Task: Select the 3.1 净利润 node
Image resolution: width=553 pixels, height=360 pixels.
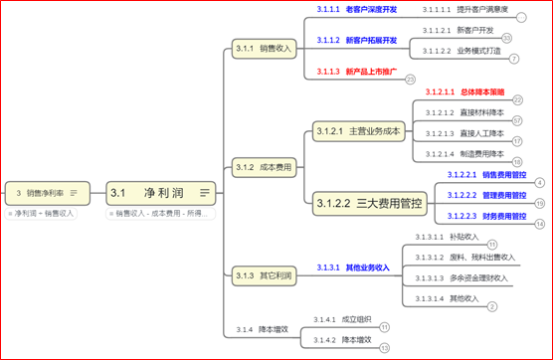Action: [159, 192]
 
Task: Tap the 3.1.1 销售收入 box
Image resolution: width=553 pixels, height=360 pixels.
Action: [264, 48]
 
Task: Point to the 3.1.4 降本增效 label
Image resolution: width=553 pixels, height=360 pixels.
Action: [262, 328]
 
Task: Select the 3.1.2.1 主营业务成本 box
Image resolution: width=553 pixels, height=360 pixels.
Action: [358, 131]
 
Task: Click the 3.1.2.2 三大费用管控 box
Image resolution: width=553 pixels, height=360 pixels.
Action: [369, 204]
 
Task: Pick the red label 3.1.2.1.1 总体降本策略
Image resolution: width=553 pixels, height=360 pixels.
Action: [464, 91]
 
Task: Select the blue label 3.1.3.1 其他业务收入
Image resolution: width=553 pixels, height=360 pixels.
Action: [353, 268]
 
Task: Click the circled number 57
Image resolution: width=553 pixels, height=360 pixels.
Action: [517, 120]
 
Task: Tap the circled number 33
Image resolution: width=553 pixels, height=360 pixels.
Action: [507, 38]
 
